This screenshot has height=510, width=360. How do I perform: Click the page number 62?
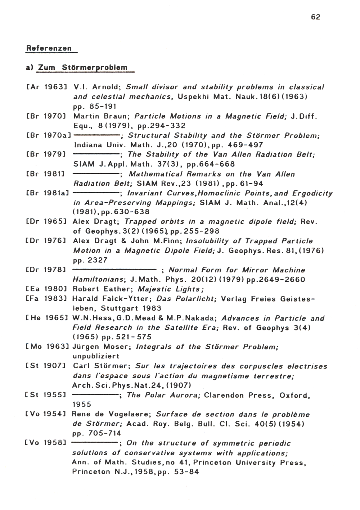(315, 17)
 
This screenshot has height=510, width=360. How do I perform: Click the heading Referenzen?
(49, 48)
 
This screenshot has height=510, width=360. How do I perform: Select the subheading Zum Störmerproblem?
(83, 68)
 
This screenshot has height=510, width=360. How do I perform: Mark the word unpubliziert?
(96, 356)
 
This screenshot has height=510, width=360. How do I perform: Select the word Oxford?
(294, 395)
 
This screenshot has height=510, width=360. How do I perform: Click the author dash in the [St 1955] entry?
(96, 395)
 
